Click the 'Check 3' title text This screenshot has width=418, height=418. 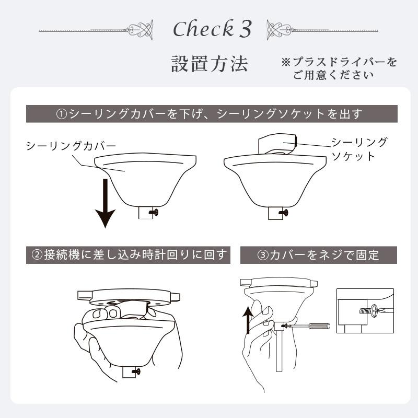(212, 30)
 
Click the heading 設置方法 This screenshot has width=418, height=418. (210, 64)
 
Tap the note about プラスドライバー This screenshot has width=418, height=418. (339, 68)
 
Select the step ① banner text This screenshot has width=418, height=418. (209, 114)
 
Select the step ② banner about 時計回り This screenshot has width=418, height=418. (129, 255)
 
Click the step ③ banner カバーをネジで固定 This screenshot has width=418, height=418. (318, 256)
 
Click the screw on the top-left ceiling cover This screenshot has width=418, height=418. (154, 212)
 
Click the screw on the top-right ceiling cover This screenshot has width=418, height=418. (284, 212)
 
